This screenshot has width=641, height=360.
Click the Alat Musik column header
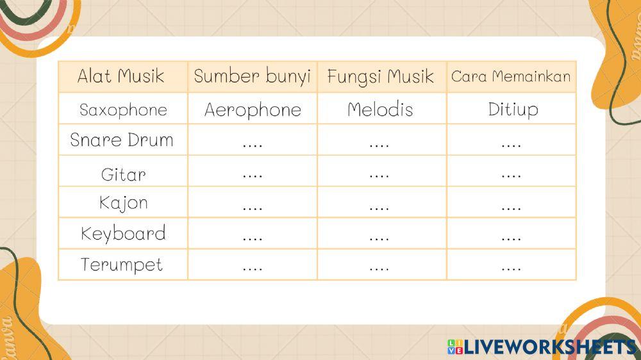click(x=121, y=77)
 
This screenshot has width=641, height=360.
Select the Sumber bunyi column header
click(x=252, y=77)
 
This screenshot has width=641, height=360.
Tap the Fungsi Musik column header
click(x=381, y=77)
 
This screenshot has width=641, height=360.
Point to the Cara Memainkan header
click(x=511, y=77)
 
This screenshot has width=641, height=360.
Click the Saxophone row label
click(x=123, y=110)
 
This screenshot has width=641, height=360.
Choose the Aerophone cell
click(x=253, y=110)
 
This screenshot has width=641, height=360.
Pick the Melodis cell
click(x=380, y=110)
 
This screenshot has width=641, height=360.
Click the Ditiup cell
click(x=513, y=110)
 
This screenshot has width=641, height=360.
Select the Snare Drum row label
click(x=122, y=140)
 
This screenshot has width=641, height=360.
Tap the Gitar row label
click(x=123, y=174)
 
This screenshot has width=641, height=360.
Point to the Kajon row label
click(x=123, y=203)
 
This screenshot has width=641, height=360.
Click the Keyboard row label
click(x=123, y=234)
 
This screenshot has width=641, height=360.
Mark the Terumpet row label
click(x=122, y=265)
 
